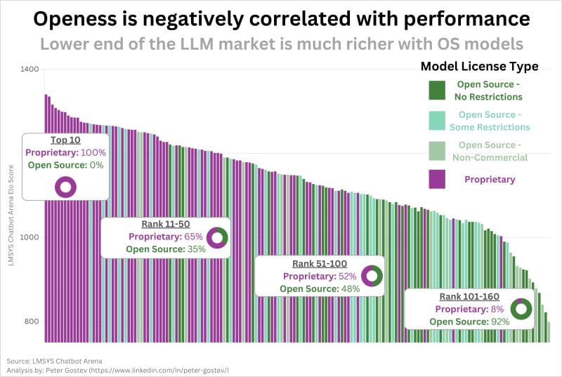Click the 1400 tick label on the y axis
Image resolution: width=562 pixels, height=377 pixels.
coord(30,70)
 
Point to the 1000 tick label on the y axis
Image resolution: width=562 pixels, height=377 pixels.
coord(30,238)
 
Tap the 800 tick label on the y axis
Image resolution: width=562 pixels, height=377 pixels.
coord(32,322)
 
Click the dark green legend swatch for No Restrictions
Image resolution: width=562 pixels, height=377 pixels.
coord(437,91)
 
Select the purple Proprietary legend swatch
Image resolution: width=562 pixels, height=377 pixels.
coord(437,179)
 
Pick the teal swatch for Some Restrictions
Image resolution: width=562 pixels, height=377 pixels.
coord(437,120)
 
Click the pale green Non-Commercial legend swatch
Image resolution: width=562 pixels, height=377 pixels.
coord(437,150)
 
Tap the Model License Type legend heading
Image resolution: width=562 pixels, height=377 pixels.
coord(479,67)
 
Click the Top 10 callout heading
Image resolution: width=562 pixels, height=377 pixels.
coord(65,140)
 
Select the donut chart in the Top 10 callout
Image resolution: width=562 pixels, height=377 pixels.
coord(65,187)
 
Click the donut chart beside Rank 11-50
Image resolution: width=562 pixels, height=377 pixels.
coord(217,237)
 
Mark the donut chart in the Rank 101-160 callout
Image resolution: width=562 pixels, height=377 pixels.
coord(521,309)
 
